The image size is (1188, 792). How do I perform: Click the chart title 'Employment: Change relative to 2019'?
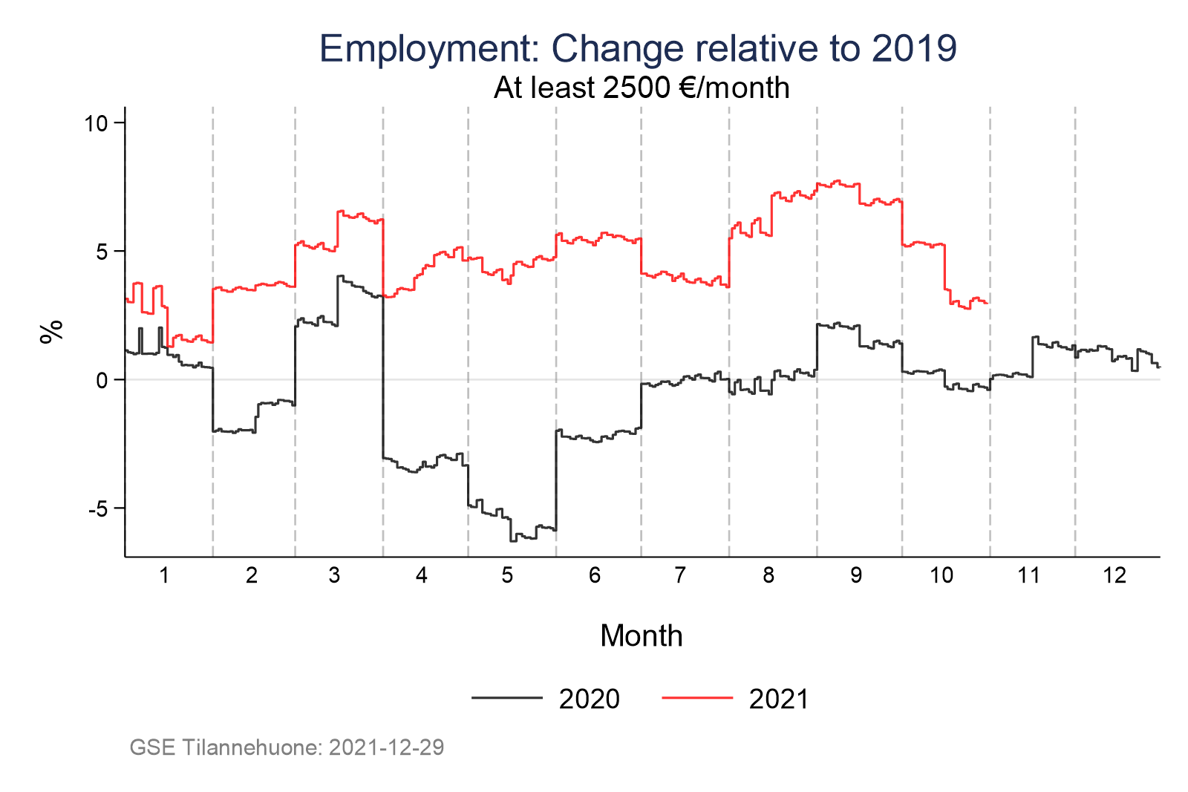(x=638, y=48)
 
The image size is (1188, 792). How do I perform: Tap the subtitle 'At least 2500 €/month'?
(x=642, y=88)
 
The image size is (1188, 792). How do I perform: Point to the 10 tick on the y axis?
(x=96, y=123)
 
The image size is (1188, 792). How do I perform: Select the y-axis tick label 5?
(x=102, y=252)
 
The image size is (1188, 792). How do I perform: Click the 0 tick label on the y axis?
(x=102, y=380)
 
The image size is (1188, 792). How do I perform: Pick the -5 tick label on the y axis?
(x=97, y=509)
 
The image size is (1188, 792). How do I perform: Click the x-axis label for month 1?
(x=164, y=575)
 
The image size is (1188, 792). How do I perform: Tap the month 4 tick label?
(x=422, y=575)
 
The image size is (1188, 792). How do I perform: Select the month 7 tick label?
(x=680, y=575)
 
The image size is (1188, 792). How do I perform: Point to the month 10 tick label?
(x=941, y=575)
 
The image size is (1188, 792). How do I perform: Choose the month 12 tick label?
(x=1114, y=575)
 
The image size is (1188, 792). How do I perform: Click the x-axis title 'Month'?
(x=642, y=636)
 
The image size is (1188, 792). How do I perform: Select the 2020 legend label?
(x=590, y=699)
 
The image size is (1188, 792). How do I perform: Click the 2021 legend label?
(x=779, y=699)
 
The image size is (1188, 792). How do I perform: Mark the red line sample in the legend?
(x=697, y=698)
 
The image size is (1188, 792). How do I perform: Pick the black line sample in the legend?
(x=507, y=698)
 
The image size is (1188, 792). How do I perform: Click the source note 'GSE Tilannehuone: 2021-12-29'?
(x=287, y=747)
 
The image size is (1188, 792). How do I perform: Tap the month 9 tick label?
(x=856, y=575)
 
